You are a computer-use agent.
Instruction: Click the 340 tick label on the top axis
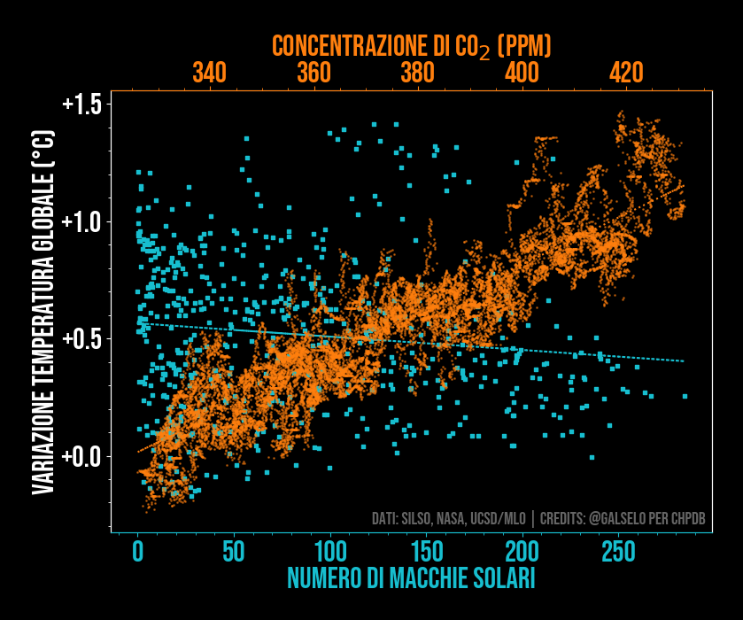209,73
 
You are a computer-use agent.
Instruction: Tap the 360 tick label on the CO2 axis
313,73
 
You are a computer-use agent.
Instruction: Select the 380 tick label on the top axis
417,73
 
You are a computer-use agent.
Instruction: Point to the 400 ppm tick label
522,73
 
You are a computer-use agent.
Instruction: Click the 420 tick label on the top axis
626,73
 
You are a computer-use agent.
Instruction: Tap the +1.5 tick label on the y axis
81,104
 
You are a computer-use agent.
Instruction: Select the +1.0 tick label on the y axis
81,221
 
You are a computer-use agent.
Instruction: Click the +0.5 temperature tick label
81,339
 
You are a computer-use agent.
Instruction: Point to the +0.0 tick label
81,457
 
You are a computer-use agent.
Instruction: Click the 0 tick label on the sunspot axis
138,552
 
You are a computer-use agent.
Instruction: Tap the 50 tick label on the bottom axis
234,552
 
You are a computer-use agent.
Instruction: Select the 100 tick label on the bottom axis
330,552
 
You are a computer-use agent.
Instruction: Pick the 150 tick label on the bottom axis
426,552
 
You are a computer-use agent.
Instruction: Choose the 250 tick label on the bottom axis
618,552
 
